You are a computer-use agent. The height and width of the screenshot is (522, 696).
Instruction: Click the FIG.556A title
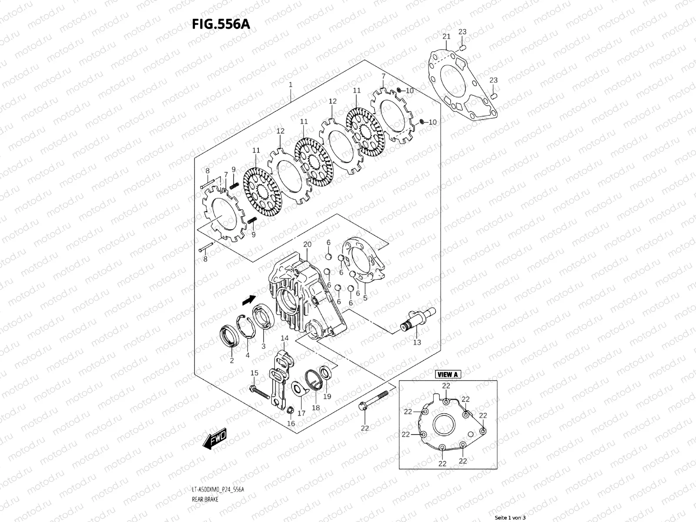click(x=221, y=24)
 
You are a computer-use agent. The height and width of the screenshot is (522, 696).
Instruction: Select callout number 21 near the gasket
click(x=447, y=37)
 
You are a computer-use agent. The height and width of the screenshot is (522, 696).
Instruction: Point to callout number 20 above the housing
click(x=308, y=245)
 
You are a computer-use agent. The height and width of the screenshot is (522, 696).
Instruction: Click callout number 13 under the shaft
click(x=417, y=342)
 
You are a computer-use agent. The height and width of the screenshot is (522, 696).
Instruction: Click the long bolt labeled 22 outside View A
click(x=373, y=400)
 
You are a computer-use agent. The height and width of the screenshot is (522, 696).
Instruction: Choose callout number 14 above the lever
click(x=284, y=338)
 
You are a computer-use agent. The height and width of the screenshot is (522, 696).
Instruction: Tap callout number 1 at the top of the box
click(x=291, y=84)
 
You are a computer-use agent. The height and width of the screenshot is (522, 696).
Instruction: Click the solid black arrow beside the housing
click(x=249, y=300)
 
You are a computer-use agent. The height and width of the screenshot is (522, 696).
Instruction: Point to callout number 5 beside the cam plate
click(x=365, y=298)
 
